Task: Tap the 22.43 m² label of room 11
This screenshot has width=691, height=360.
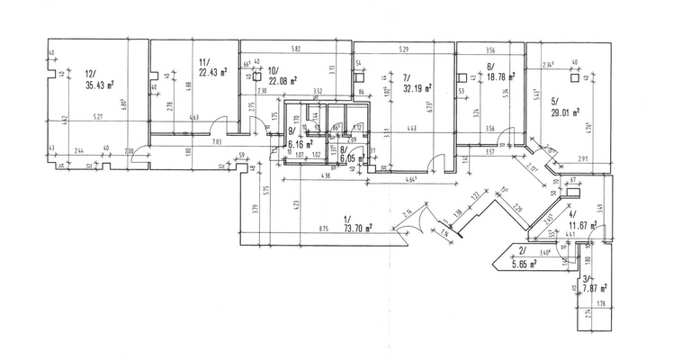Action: pos(212,73)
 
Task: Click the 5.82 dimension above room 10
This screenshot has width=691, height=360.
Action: pos(295,47)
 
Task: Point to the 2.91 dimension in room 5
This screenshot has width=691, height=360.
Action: pos(583,159)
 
